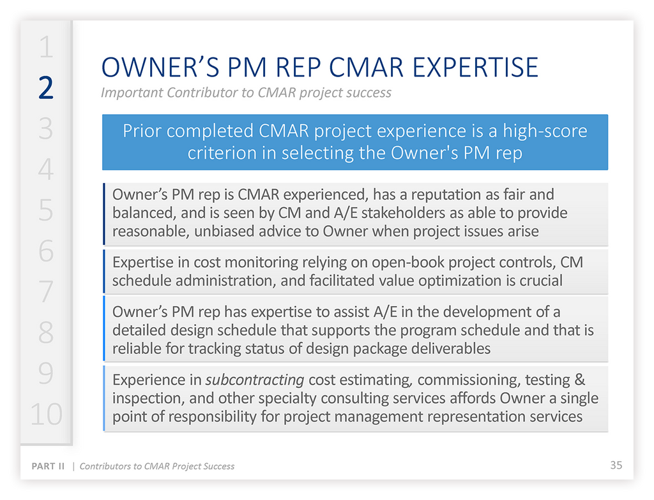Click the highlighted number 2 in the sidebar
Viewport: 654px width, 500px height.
45,88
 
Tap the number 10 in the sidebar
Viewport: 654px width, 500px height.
45,415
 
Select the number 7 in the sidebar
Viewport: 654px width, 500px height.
45,292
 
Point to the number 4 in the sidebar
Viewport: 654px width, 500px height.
45,170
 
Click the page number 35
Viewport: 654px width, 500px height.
616,465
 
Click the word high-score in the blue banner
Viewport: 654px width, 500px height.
545,131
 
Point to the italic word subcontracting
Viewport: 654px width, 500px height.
255,380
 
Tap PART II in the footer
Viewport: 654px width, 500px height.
49,466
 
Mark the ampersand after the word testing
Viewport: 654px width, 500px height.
579,380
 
